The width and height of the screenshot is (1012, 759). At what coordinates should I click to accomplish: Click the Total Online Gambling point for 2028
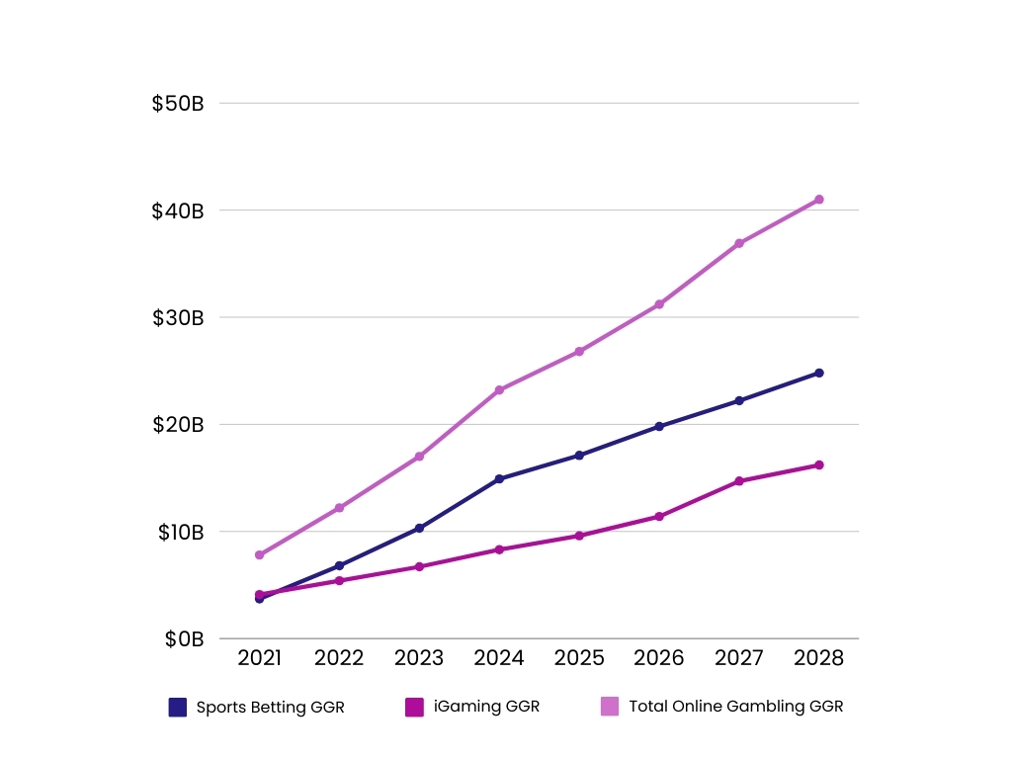coord(818,200)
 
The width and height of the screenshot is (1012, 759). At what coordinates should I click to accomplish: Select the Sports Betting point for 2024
coord(499,478)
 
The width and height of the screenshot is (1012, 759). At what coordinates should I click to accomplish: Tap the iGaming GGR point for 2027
coord(738,481)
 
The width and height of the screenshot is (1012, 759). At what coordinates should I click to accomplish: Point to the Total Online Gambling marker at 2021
coord(259,555)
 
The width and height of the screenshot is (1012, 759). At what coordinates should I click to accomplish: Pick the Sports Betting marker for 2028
coord(818,373)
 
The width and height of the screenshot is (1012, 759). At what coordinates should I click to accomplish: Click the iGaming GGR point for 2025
coord(579,536)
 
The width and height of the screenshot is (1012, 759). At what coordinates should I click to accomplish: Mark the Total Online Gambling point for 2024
coord(499,390)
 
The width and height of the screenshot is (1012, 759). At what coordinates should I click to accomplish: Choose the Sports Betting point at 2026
coord(659,426)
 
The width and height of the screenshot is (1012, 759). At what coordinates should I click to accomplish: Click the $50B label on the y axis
coord(178,104)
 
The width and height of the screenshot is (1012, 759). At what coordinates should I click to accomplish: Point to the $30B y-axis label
coord(178,318)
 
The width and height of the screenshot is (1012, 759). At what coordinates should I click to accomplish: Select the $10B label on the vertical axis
coord(180,533)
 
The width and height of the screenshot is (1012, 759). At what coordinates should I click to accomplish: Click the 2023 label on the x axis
coord(419,658)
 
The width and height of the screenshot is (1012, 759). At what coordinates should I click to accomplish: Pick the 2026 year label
coord(659,658)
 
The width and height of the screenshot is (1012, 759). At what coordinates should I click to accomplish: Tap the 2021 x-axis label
coord(259,658)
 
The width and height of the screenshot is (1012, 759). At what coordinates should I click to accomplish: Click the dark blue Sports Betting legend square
coord(178,707)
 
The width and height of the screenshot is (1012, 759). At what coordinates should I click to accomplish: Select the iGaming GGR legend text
coord(486,707)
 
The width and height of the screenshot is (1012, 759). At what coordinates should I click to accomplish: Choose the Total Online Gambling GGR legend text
coord(735,707)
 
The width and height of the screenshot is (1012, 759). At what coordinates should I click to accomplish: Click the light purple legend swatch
coord(610,707)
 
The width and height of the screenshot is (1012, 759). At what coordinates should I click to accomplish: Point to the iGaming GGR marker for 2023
coord(419,566)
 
